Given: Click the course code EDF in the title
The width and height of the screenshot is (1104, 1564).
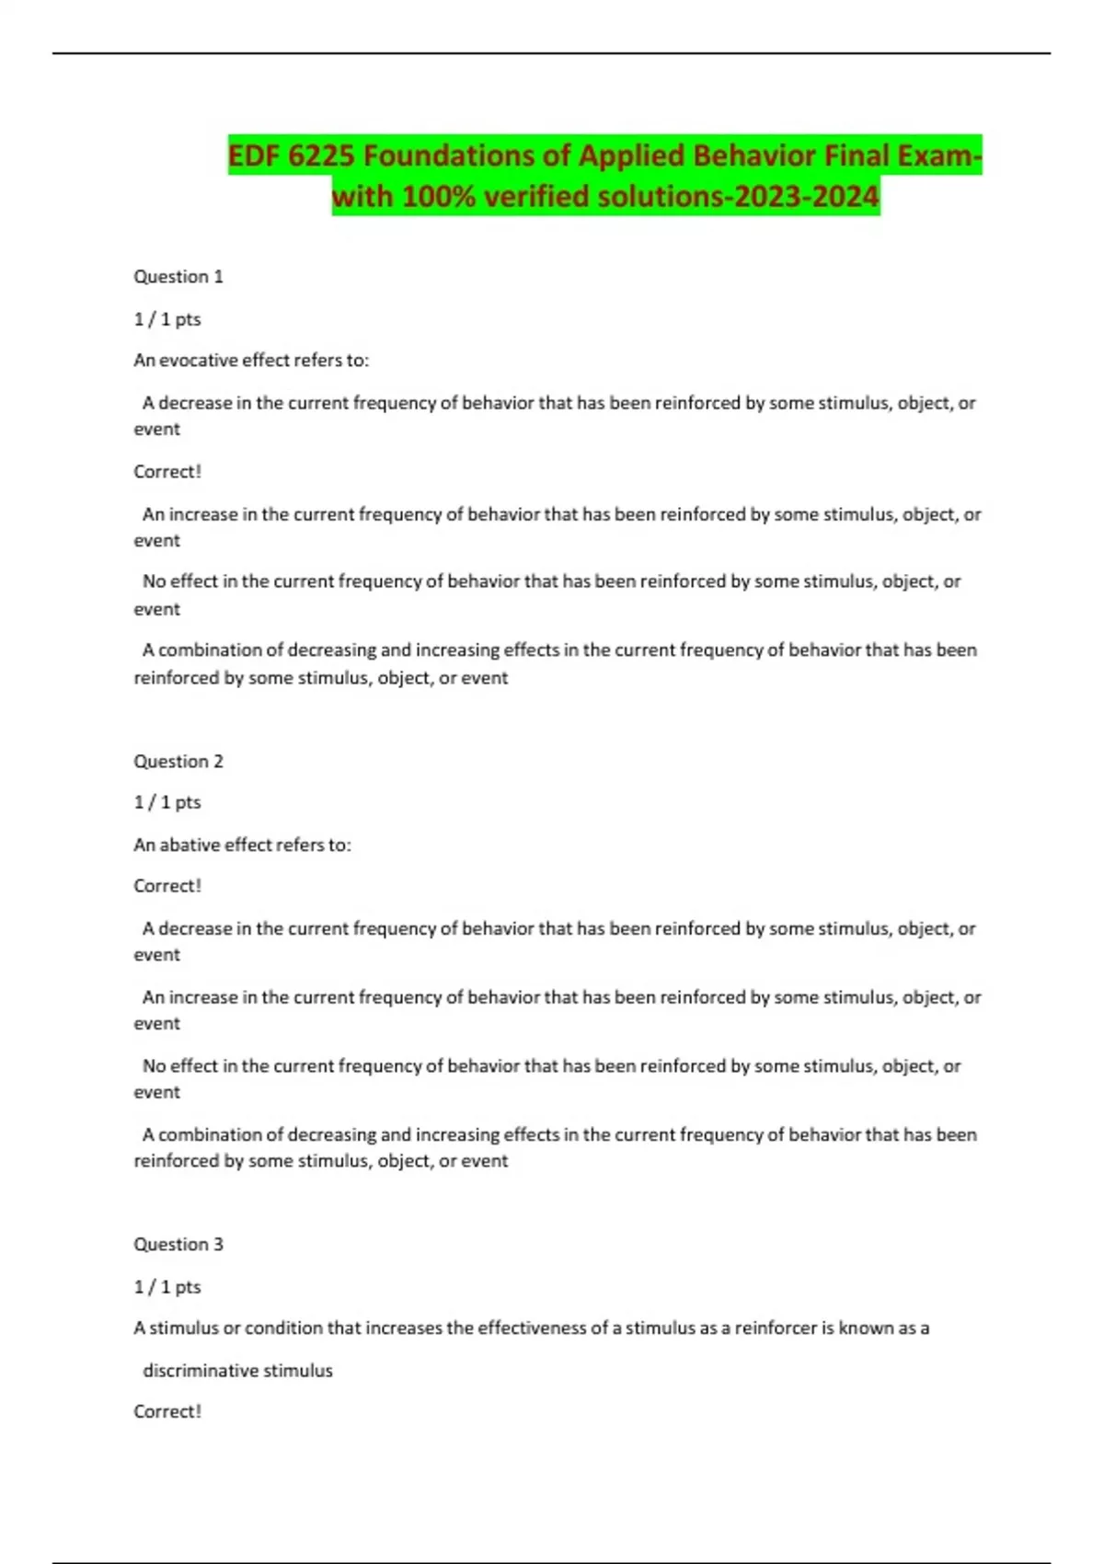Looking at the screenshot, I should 254,155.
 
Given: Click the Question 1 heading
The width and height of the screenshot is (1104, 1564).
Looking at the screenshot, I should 178,277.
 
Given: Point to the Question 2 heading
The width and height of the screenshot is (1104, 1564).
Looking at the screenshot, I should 178,761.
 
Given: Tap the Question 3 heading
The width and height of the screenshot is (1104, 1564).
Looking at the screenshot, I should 178,1245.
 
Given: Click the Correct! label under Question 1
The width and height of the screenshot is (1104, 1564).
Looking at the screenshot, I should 167,472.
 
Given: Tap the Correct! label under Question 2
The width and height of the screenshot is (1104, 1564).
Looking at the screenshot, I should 167,886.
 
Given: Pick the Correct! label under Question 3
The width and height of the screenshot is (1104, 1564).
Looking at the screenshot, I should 167,1411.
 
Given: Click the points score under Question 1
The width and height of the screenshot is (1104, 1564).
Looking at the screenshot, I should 167,319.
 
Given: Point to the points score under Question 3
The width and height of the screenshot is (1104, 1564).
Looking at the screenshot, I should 167,1287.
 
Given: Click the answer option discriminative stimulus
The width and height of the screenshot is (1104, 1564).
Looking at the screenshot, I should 237,1371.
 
